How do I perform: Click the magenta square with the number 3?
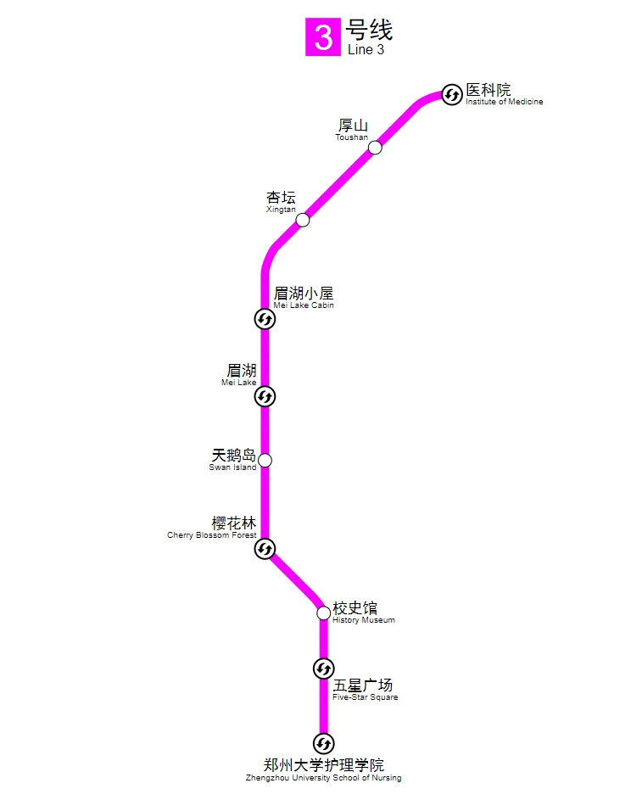click(x=323, y=38)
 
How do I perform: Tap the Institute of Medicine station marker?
click(x=452, y=95)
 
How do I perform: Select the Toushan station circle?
click(x=375, y=148)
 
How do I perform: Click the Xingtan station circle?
click(x=303, y=221)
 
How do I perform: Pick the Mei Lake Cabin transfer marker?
click(x=265, y=319)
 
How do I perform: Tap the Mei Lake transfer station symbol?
click(x=265, y=396)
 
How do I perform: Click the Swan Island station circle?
click(x=265, y=461)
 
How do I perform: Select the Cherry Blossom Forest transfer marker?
click(x=265, y=549)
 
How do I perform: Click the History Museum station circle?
click(x=323, y=613)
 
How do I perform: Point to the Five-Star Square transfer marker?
click(x=323, y=669)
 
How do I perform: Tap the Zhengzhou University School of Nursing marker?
click(x=323, y=744)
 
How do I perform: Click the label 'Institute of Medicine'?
click(x=504, y=102)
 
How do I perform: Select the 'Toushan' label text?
click(x=351, y=137)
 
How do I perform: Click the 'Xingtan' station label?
click(x=281, y=210)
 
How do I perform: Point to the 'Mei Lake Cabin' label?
click(x=304, y=305)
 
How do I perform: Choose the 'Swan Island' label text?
click(x=232, y=467)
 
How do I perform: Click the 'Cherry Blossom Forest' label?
click(x=211, y=535)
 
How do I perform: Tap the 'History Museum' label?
click(x=363, y=620)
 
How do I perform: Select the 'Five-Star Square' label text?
click(x=365, y=697)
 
